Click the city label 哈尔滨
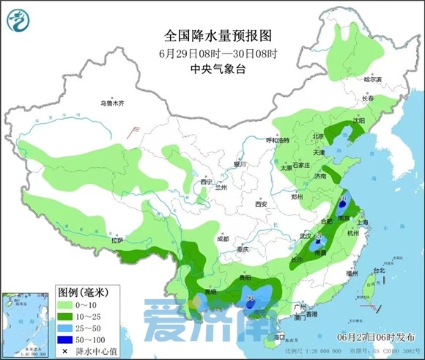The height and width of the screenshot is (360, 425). point(374,78)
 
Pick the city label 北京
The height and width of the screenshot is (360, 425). point(318,136)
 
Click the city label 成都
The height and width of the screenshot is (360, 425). point(223,239)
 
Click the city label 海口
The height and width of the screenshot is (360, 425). point(278,336)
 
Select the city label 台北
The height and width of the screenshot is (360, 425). point(379,270)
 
